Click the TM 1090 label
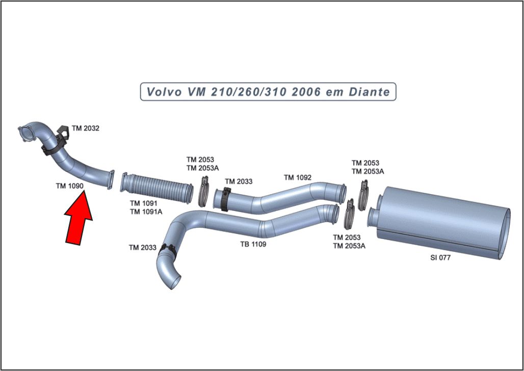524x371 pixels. (x=69, y=187)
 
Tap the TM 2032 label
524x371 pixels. (x=85, y=128)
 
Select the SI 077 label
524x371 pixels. (x=440, y=258)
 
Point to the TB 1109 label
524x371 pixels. (x=253, y=244)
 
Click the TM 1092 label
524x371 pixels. (x=297, y=177)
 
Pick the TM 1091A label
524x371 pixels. (x=146, y=211)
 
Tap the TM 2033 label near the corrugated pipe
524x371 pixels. (x=239, y=181)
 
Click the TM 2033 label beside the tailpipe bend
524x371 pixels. (x=142, y=248)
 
